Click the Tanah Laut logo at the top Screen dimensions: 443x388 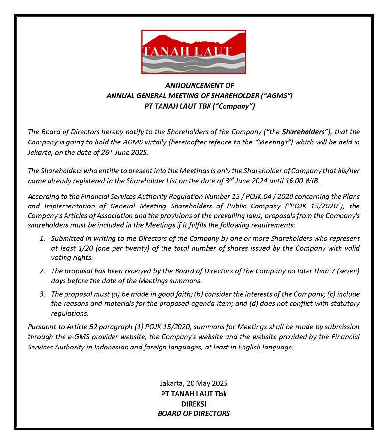point(194,51)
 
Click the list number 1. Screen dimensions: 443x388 point(42,239)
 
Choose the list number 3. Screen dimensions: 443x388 point(42,294)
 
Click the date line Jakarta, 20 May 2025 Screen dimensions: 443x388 point(194,383)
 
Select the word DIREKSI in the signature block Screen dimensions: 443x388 point(194,403)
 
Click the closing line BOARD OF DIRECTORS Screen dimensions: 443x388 point(194,413)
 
